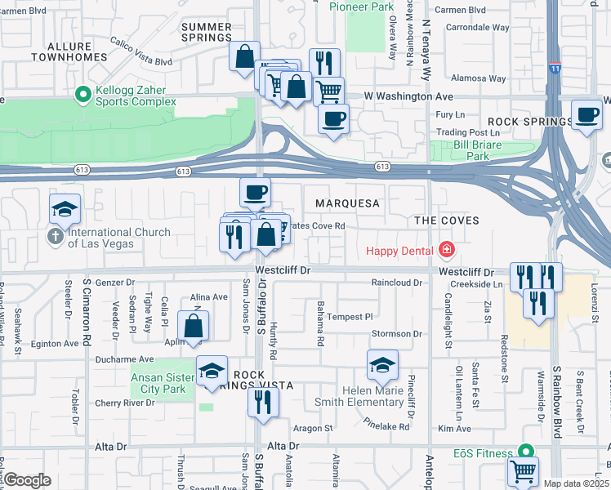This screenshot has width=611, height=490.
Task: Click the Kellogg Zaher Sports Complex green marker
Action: point(83,96)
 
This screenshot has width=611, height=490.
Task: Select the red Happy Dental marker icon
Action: point(446,249)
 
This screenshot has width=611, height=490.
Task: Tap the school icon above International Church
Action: point(65,210)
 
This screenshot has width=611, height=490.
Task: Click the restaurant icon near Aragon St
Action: point(263,402)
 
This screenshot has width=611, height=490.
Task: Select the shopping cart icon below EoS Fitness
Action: point(523,472)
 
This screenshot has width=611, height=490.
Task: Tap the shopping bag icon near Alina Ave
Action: point(194,327)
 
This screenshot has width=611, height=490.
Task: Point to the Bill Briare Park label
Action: point(471,150)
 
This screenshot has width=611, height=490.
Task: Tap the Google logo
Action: point(27,480)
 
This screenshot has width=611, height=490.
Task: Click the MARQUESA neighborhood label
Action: point(351,203)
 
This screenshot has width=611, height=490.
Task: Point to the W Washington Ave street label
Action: point(408,96)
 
